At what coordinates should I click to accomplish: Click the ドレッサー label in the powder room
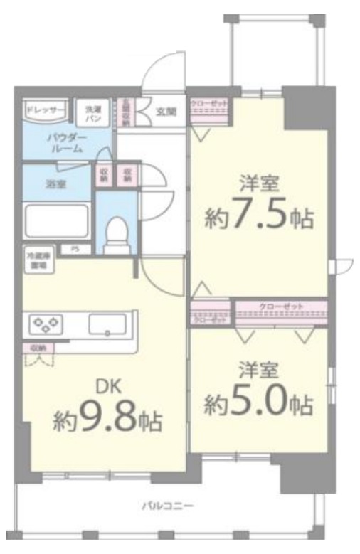pos(46,110)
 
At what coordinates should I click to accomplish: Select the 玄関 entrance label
pos(166,111)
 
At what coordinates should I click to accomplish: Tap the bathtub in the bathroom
pos(56,220)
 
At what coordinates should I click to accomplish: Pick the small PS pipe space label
pos(74,249)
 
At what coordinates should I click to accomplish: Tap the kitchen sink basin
pos(107,326)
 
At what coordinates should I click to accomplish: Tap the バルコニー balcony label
pos(167,506)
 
